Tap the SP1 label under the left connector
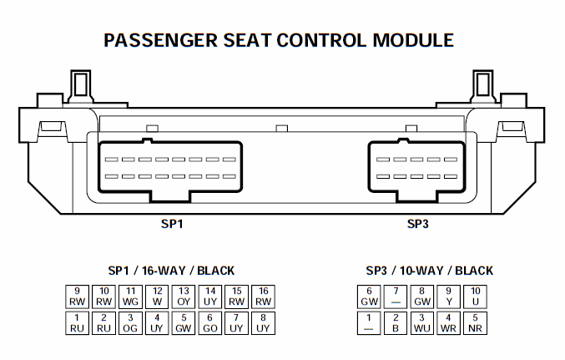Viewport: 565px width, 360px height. pos(172,224)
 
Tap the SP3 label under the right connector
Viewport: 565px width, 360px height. pos(418,224)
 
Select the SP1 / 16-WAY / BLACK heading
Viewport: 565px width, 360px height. pos(171,271)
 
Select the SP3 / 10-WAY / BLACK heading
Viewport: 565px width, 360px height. pos(429,271)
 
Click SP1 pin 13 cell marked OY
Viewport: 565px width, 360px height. pos(184,295)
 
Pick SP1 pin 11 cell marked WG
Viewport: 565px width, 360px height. pos(131,295)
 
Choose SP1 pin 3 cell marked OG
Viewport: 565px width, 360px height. pos(131,322)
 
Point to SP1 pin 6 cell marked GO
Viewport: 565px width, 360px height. pos(210,322)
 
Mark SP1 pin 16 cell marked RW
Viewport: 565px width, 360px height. pos(263,295)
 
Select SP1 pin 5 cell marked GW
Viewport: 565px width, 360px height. pos(184,322)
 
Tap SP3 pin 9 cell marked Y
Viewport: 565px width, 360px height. pos(449,295)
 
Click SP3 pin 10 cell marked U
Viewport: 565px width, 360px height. pos(476,295)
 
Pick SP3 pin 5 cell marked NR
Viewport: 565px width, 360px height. pos(476,322)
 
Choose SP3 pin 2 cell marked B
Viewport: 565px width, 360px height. pos(396,322)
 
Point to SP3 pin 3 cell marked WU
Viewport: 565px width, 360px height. pos(422,322)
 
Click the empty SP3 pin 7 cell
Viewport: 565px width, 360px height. pos(396,295)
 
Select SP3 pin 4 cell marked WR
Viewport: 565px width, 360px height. pos(449,322)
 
